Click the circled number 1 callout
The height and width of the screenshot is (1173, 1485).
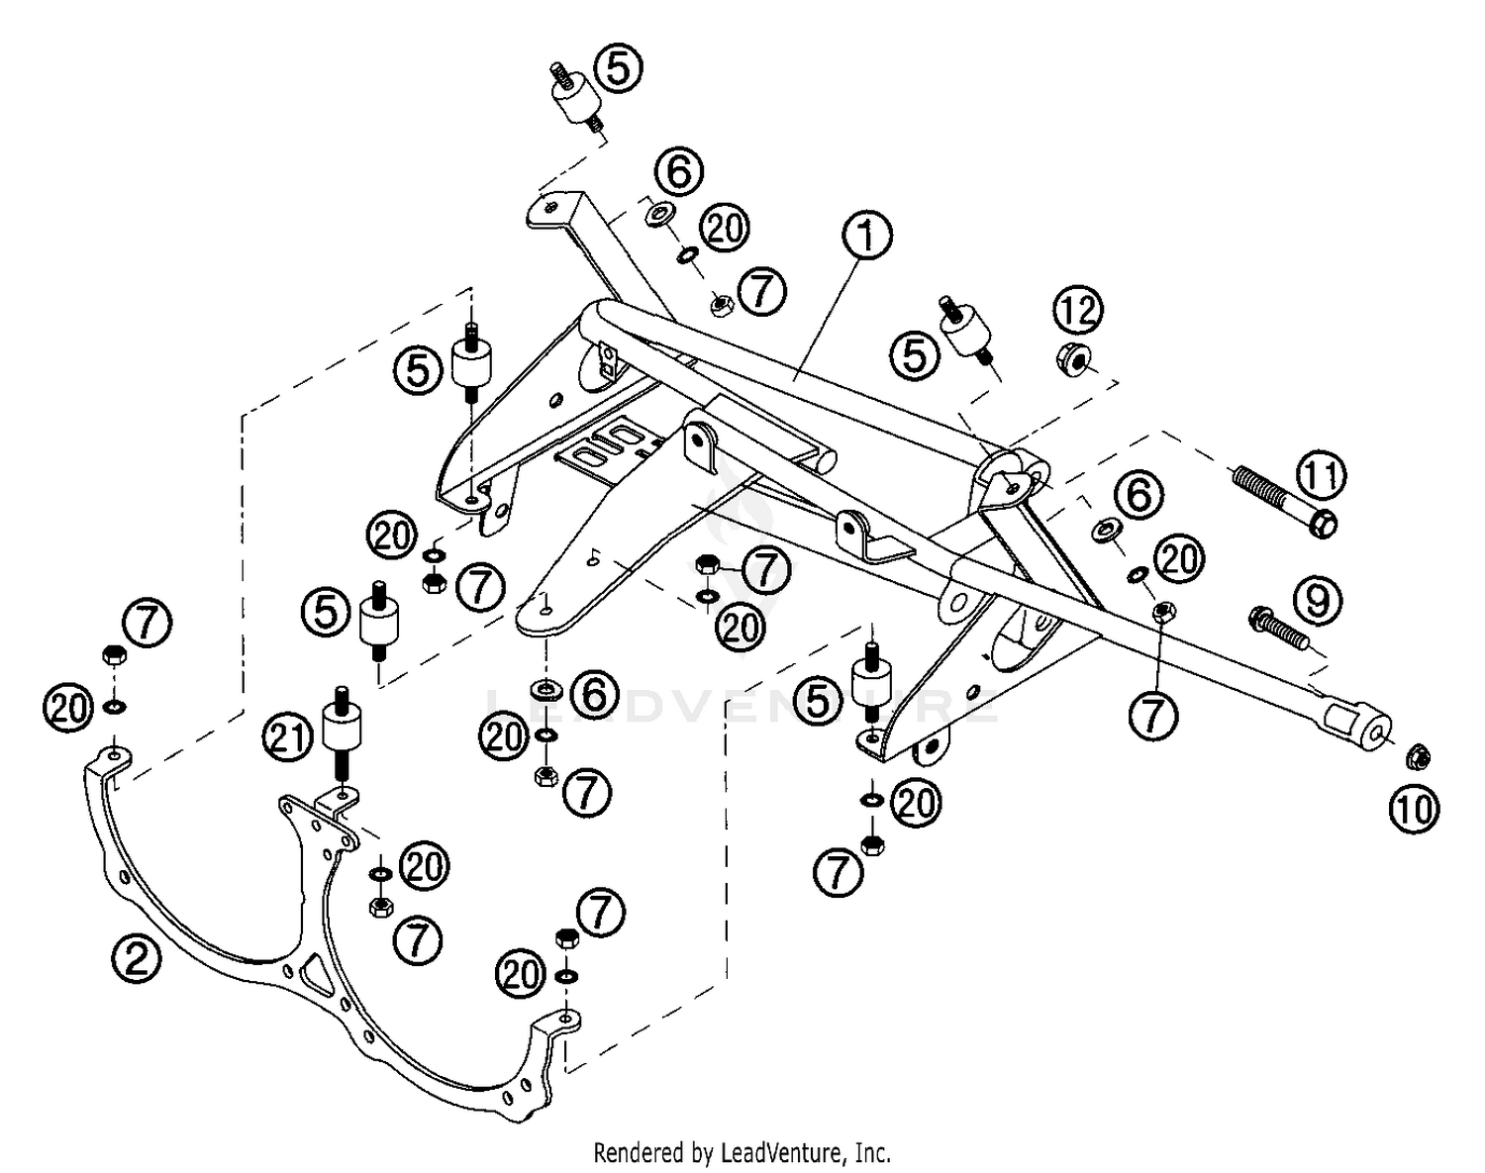(867, 236)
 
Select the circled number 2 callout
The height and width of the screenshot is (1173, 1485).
(136, 958)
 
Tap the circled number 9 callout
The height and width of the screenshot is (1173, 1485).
(1318, 601)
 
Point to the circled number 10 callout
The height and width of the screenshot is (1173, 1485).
(1415, 809)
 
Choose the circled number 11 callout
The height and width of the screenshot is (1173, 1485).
(1322, 475)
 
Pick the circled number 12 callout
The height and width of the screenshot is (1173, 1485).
(1078, 310)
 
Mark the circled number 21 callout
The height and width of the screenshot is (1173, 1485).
(288, 736)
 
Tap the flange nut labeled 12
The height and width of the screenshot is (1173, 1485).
(1072, 358)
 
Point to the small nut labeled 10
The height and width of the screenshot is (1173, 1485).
(1418, 757)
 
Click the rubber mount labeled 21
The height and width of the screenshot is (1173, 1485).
(342, 739)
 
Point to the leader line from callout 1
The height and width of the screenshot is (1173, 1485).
(828, 320)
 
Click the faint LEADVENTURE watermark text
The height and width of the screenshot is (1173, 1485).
(742, 704)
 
